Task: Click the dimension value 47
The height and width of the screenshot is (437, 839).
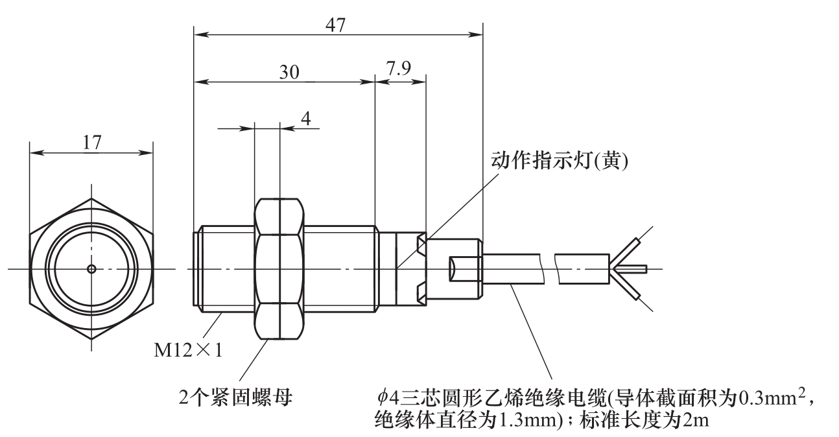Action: click(x=337, y=24)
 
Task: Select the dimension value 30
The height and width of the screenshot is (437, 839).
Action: click(x=289, y=72)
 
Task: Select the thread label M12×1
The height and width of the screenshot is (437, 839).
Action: click(x=187, y=351)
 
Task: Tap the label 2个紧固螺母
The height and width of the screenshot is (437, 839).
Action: click(x=236, y=395)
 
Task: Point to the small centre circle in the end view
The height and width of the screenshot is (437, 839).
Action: click(x=91, y=268)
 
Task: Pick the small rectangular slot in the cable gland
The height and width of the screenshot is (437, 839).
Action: click(x=461, y=268)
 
